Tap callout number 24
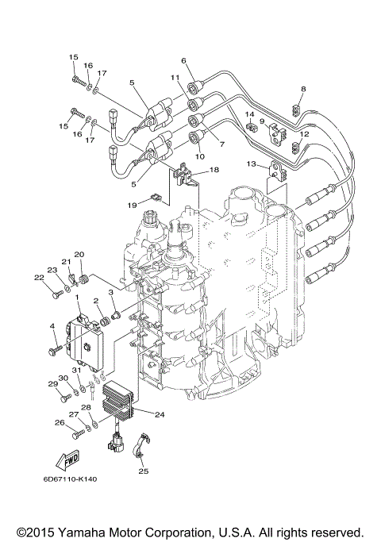click(160, 413)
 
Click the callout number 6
click(183, 60)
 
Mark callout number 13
click(252, 164)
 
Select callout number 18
click(214, 170)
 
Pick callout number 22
click(38, 277)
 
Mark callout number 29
click(52, 384)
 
